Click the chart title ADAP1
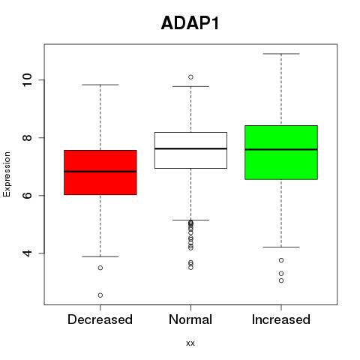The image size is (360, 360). pyautogui.click(x=190, y=23)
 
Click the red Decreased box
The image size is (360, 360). pyautogui.click(x=100, y=172)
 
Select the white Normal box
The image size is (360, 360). pyautogui.click(x=190, y=150)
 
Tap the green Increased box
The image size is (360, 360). pyautogui.click(x=281, y=152)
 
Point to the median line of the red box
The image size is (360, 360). pyautogui.click(x=100, y=172)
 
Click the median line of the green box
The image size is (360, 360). pyautogui.click(x=281, y=149)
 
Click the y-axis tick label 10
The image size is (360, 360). pyautogui.click(x=27, y=80)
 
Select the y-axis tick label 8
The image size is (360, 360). pyautogui.click(x=27, y=138)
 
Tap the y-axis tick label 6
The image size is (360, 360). pyautogui.click(x=27, y=196)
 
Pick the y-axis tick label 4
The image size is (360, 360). pyautogui.click(x=27, y=253)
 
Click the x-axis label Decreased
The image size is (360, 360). pyautogui.click(x=100, y=319)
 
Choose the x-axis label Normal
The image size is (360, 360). pyautogui.click(x=190, y=319)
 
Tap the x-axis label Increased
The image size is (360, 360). pyautogui.click(x=281, y=319)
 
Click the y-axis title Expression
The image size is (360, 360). pyautogui.click(x=7, y=174)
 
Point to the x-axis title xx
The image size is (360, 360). pyautogui.click(x=190, y=343)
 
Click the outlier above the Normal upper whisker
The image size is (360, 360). pyautogui.click(x=190, y=77)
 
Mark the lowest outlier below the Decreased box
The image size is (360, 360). pyautogui.click(x=100, y=295)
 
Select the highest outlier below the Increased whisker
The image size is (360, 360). pyautogui.click(x=281, y=260)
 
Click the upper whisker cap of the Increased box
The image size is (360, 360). pyautogui.click(x=281, y=54)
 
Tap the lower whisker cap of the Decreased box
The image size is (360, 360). pyautogui.click(x=100, y=256)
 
